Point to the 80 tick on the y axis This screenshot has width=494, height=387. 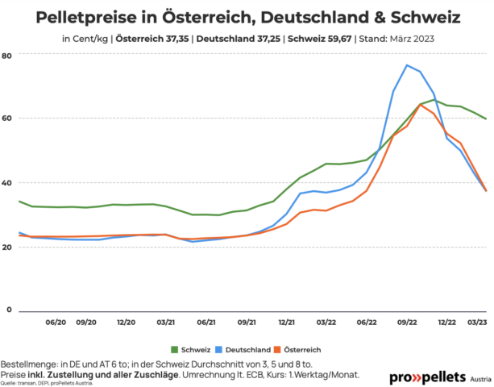coord(7,55)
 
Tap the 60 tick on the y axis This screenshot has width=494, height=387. coord(7,119)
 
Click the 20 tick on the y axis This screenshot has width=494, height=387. coord(7,247)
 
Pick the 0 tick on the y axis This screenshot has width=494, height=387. coord(10,310)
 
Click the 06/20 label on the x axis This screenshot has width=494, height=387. coord(56,322)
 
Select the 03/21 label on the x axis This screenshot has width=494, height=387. coord(166,322)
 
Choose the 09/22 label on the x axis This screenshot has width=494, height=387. coord(406,322)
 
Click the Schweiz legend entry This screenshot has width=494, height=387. coord(192,349)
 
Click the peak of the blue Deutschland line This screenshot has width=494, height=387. coord(407,65)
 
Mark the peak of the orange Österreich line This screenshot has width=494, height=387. coord(421,105)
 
